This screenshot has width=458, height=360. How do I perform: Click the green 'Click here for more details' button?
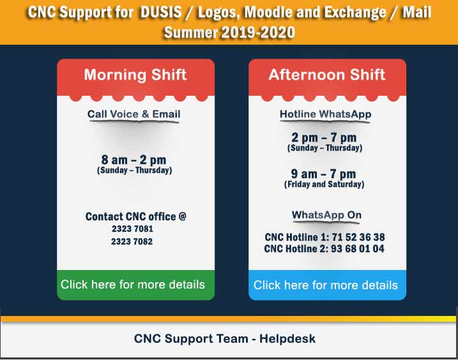click(x=135, y=285)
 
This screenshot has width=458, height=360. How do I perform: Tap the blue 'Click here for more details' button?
click(x=327, y=285)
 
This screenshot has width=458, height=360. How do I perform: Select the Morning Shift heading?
click(x=135, y=75)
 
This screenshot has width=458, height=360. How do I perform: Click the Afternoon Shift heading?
click(x=327, y=75)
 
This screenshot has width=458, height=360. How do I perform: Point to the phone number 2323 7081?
click(x=132, y=229)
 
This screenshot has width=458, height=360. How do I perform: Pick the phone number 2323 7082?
click(x=132, y=241)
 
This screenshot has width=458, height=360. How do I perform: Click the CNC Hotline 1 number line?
click(x=324, y=237)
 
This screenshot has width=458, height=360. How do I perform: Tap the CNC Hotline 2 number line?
click(x=324, y=249)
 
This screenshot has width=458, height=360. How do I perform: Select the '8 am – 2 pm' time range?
click(x=134, y=160)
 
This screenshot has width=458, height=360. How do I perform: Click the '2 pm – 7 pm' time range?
click(x=324, y=137)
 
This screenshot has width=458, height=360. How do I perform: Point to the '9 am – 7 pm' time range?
click(x=323, y=174)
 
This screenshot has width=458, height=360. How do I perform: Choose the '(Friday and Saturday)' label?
click(x=324, y=184)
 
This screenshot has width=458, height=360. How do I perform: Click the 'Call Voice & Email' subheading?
click(x=134, y=114)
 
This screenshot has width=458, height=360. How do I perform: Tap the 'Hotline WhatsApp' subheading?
click(x=325, y=114)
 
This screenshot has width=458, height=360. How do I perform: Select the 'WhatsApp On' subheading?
click(x=326, y=215)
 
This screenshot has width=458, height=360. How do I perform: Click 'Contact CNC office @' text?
click(x=136, y=216)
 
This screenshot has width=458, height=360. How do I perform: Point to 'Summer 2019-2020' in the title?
click(x=229, y=32)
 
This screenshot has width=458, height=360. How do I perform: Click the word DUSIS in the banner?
click(x=161, y=13)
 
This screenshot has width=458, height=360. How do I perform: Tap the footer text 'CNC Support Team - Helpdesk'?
click(x=225, y=339)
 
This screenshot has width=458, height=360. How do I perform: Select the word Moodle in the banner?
click(x=267, y=13)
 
